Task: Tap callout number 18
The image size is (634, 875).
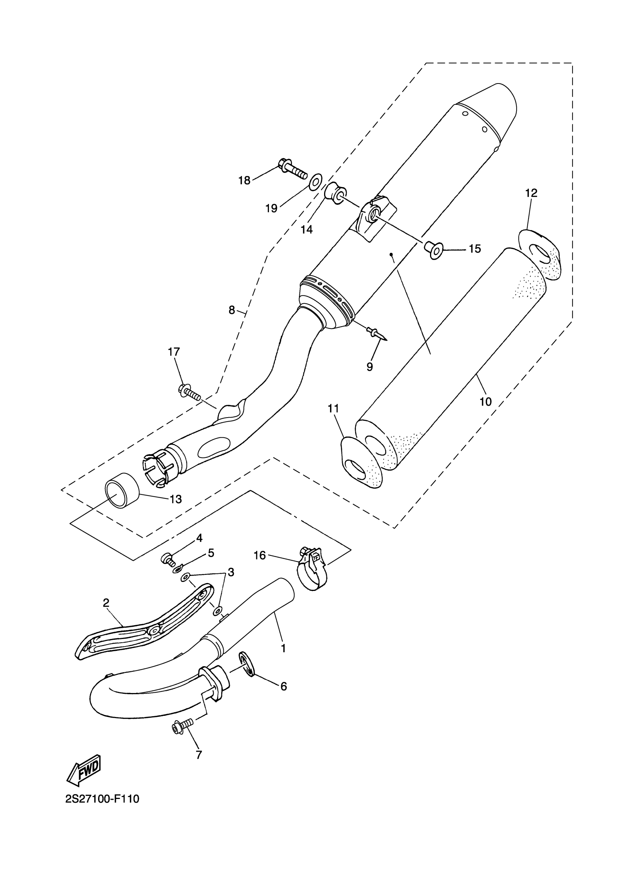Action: [244, 180]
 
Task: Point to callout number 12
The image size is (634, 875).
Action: [531, 193]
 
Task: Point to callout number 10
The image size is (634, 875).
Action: [486, 402]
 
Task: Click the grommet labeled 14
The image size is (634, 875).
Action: [335, 194]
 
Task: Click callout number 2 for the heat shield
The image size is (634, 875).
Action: [106, 602]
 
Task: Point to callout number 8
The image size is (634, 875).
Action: [232, 310]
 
